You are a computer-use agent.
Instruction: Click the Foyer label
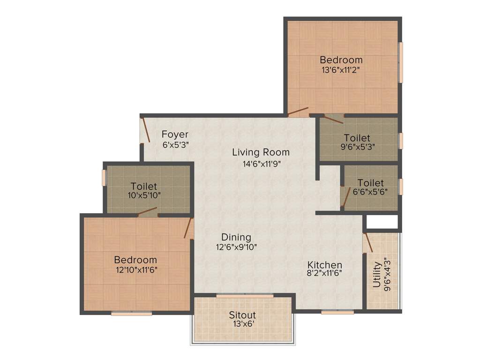tap(175, 135)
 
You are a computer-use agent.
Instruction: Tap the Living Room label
tap(261, 152)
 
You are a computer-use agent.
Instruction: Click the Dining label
tap(236, 237)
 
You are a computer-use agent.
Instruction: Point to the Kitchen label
tap(325, 265)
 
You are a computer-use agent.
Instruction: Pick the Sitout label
tap(242, 315)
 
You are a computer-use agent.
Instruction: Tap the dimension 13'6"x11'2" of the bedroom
tap(341, 69)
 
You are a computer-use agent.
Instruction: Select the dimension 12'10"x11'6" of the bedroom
tap(135, 270)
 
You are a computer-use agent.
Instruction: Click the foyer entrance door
tap(146, 129)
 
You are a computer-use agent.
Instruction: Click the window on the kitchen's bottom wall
tap(337, 312)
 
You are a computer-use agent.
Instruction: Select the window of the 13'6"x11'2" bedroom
tap(400, 63)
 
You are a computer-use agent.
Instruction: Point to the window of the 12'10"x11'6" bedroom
tap(132, 313)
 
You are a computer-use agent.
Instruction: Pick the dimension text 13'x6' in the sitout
tap(242, 323)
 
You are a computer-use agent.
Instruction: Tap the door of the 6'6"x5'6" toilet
tap(345, 197)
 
